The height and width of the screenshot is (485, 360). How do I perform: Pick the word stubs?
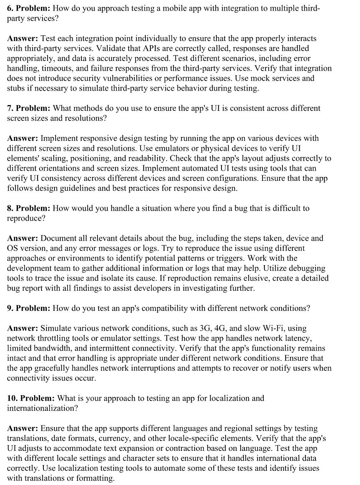[17, 89]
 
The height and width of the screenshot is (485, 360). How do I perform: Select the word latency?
[297, 338]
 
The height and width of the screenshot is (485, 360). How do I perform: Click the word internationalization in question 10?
[42, 408]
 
